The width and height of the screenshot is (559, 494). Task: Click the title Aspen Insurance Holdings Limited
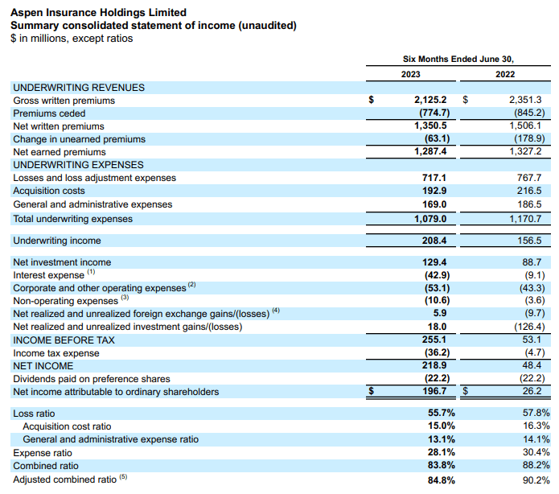pos(98,13)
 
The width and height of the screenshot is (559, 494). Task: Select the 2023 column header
pos(411,74)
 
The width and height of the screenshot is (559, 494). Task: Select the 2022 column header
pos(505,74)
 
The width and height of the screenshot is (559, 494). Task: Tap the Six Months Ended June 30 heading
pos(458,59)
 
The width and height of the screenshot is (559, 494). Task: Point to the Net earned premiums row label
pos(60,152)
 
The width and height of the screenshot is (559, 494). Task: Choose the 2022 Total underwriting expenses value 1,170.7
pos(526,217)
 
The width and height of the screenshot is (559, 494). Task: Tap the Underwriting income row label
pos(57,241)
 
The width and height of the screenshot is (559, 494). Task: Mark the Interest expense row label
pos(48,275)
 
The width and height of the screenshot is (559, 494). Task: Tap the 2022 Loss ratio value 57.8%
pos(536,414)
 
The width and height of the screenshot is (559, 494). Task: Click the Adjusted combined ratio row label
pos(65,480)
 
